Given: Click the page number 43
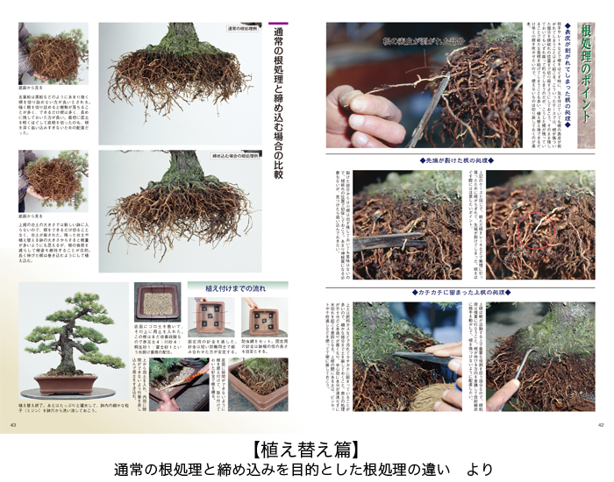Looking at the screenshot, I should pos(13,425).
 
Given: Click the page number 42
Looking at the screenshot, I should pos(601,425).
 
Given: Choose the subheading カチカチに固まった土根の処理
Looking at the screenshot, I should pos(460,292).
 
